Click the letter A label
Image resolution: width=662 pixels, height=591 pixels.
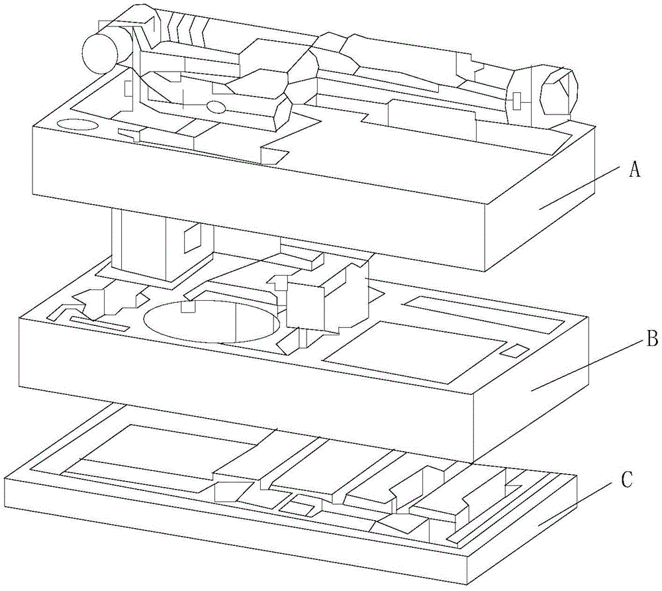634,170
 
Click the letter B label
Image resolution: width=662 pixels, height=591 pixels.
651,341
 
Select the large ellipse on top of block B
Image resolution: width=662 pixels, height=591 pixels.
211,321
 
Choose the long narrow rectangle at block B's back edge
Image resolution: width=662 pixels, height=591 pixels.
484,313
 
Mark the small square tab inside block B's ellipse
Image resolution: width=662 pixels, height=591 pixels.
189,307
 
